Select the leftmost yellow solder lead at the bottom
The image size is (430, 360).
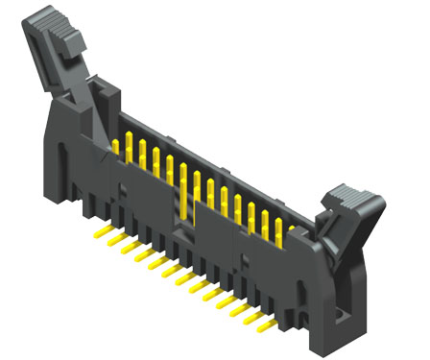coord(98,233)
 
